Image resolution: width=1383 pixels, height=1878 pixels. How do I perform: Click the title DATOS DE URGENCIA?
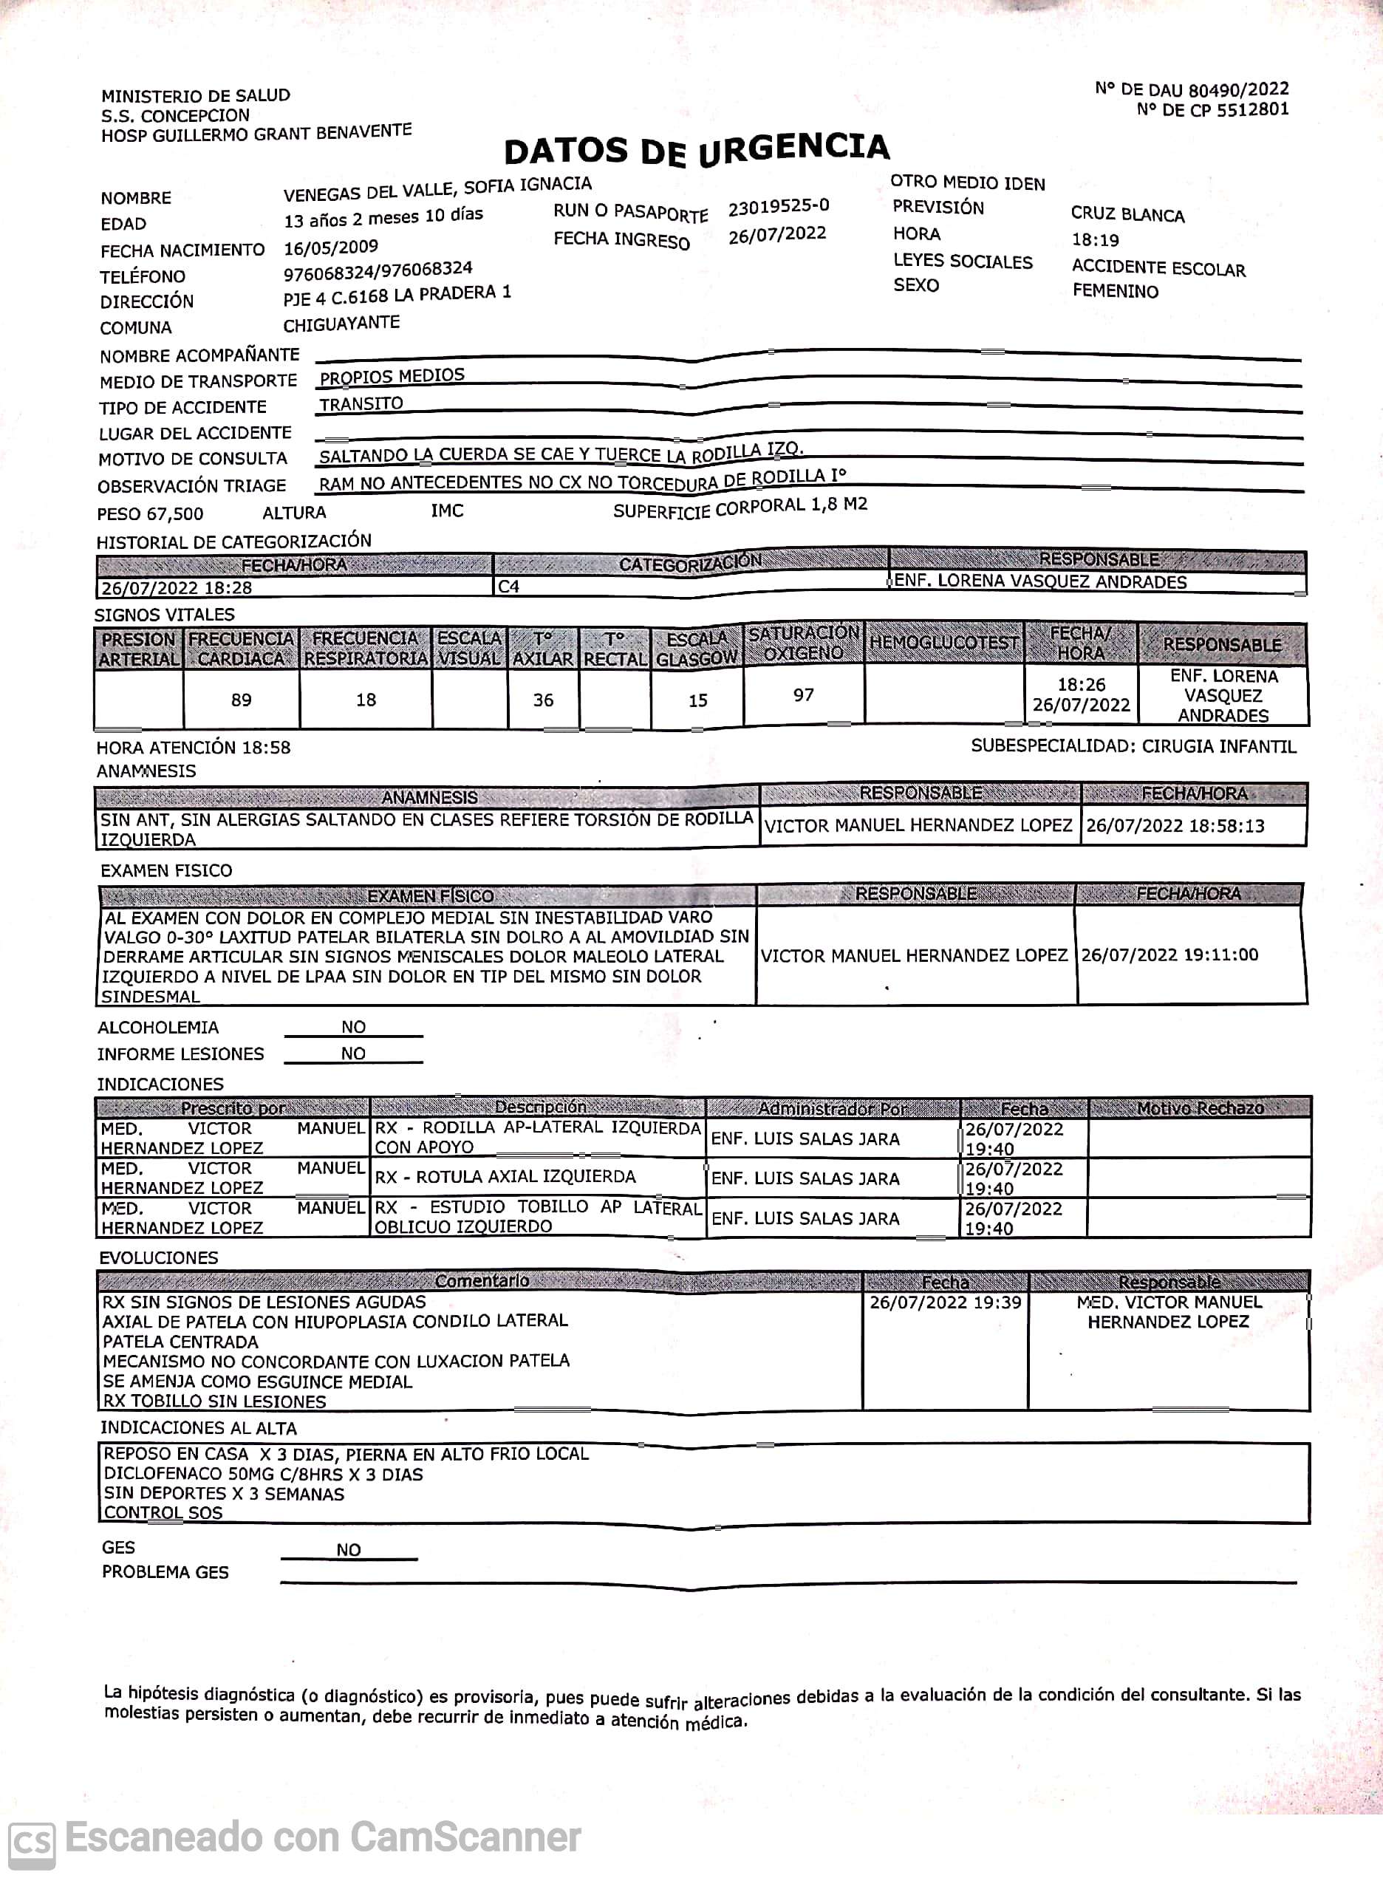pos(696,150)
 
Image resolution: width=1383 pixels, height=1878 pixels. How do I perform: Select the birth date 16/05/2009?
pos(331,247)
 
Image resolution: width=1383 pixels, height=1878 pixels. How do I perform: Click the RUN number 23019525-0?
pos(779,207)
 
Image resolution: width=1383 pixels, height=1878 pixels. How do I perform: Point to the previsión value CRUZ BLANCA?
pos(1127,215)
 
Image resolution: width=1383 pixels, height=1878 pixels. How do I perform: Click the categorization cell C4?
pos(508,587)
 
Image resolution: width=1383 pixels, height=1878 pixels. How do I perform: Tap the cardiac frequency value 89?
pos(241,700)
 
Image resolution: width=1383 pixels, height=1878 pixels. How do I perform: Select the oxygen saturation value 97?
pos(804,695)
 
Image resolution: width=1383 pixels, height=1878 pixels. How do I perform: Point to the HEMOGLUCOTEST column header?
pos(944,643)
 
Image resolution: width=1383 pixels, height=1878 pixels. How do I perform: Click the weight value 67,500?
pos(174,514)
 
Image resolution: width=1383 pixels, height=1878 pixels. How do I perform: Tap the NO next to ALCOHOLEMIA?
pos(353,1028)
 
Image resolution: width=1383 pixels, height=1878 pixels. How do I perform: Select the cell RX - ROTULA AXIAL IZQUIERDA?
pos(505,1177)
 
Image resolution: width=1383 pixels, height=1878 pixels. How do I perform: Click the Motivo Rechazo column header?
pos(1200,1108)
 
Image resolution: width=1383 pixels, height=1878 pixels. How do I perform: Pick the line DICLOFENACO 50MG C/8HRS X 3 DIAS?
pos(263,1475)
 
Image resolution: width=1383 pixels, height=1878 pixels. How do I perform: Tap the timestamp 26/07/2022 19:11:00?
pos(1169,955)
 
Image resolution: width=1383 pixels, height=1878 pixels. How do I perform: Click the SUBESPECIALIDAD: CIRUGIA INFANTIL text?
pos(1133,746)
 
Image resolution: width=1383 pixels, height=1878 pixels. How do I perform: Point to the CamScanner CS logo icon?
pos(31,1843)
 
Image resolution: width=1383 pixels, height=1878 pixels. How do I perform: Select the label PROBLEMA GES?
pos(165,1572)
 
